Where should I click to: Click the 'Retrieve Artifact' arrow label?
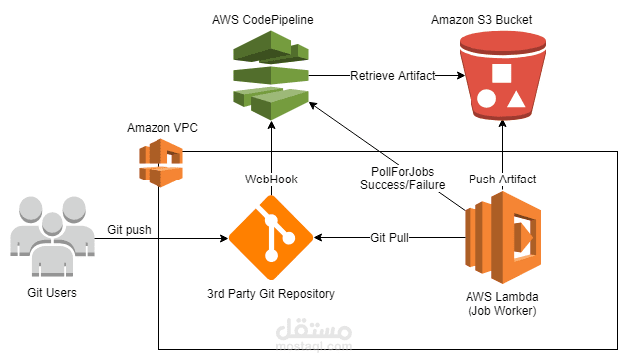point(392,75)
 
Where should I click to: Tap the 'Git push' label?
point(130,229)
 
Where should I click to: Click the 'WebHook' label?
point(271,180)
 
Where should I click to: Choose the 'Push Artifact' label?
point(502,180)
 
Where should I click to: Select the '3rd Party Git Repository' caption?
point(271,294)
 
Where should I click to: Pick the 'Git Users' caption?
point(53,293)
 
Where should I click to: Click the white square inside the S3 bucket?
point(501,74)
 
